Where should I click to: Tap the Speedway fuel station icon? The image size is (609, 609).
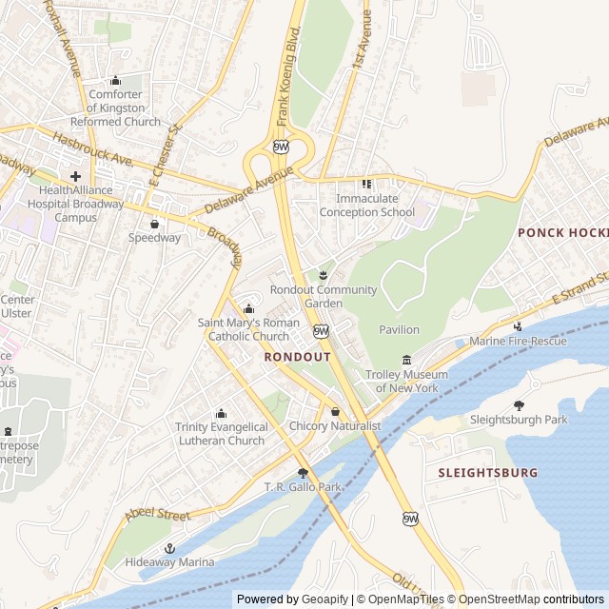[154, 225]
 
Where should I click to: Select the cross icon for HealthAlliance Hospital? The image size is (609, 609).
[75, 176]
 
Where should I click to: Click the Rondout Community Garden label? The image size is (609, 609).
[324, 296]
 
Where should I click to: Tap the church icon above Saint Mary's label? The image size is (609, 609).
[248, 308]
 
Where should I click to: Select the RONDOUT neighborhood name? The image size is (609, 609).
[297, 357]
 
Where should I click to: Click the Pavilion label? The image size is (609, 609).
[399, 329]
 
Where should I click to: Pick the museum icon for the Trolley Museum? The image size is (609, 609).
[407, 360]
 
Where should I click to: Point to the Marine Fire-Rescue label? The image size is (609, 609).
[518, 342]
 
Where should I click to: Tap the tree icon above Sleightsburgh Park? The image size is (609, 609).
[519, 405]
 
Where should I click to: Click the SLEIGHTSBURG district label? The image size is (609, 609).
[487, 472]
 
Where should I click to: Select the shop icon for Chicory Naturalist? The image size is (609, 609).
[335, 412]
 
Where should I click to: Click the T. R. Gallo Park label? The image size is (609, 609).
[303, 487]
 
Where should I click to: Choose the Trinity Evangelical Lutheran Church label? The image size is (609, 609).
[220, 434]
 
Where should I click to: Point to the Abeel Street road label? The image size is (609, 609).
[157, 515]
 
